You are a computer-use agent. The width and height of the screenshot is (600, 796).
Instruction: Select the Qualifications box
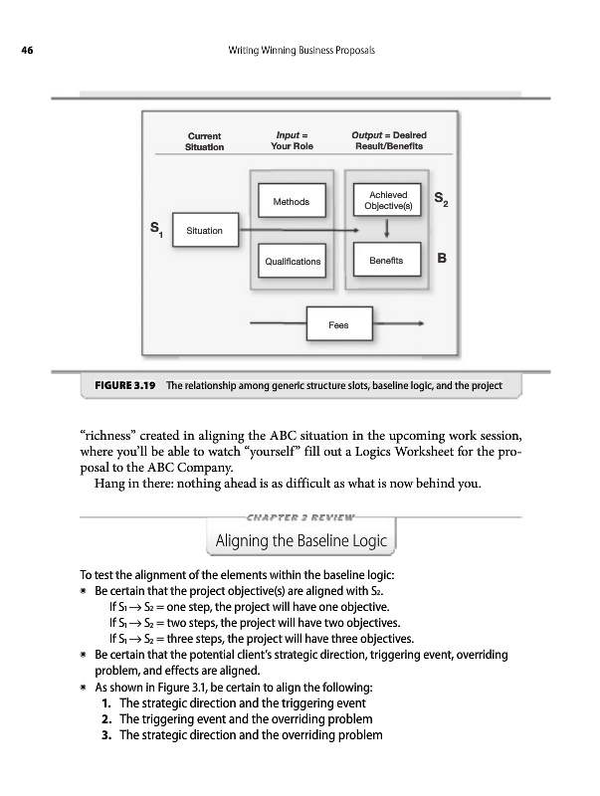[x=292, y=262]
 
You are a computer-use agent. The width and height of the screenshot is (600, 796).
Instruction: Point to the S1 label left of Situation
[x=155, y=230]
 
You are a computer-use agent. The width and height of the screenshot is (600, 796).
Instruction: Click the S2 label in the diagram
[x=442, y=201]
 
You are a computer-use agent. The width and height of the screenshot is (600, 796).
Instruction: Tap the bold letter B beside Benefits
[x=441, y=258]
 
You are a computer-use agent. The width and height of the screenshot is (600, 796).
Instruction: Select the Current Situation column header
[x=204, y=140]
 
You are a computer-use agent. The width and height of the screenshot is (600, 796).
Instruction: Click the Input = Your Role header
[x=292, y=140]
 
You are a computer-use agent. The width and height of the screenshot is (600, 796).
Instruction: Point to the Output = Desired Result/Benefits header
[x=389, y=140]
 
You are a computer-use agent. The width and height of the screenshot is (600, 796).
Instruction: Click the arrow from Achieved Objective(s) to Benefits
[x=386, y=230]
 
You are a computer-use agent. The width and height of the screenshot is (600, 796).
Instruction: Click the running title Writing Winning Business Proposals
[x=300, y=51]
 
